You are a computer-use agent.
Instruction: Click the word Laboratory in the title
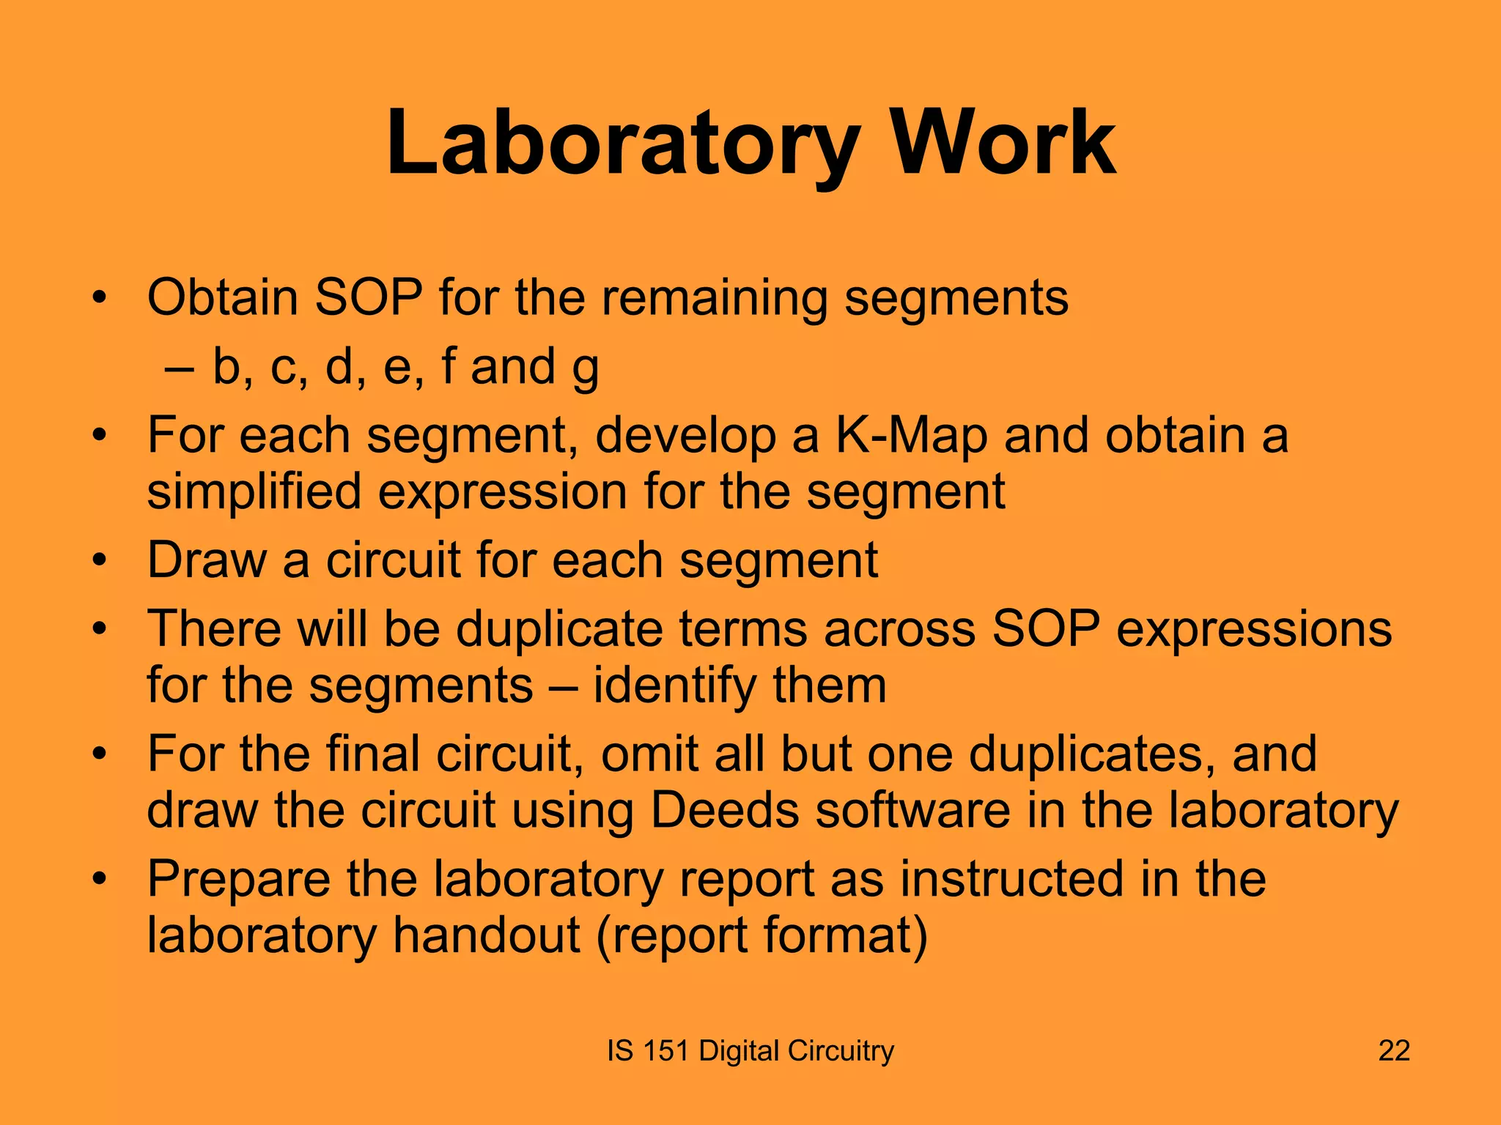622,144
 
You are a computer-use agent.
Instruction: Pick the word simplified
254,491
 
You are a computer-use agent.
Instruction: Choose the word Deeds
724,810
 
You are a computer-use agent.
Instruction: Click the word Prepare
238,878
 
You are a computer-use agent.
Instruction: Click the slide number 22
1394,1051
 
